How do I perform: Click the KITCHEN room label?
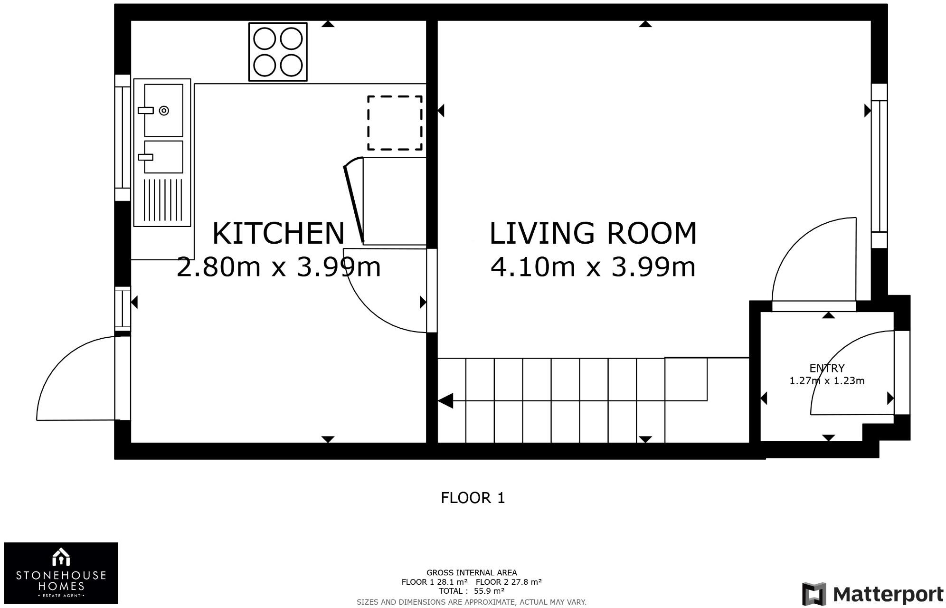pyautogui.click(x=278, y=233)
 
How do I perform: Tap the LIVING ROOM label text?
pyautogui.click(x=593, y=233)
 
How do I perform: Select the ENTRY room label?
pyautogui.click(x=827, y=368)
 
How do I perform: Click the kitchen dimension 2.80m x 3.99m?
pyautogui.click(x=278, y=267)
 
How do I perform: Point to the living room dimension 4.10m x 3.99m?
pyautogui.click(x=593, y=267)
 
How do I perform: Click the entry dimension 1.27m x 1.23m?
pyautogui.click(x=827, y=381)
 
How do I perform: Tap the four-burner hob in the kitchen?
pyautogui.click(x=278, y=52)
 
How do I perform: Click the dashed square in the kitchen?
pyautogui.click(x=395, y=123)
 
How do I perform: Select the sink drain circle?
pyautogui.click(x=164, y=111)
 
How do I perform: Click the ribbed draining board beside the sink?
pyautogui.click(x=162, y=200)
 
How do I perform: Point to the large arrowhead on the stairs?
pyautogui.click(x=445, y=401)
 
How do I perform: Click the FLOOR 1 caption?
pyautogui.click(x=473, y=498)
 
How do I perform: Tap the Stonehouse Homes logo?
pyautogui.click(x=61, y=573)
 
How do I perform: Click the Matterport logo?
pyautogui.click(x=873, y=594)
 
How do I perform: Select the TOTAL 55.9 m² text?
pyautogui.click(x=471, y=591)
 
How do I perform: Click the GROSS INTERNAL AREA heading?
pyautogui.click(x=471, y=573)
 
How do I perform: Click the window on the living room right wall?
pyautogui.click(x=879, y=166)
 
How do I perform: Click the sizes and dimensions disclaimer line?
pyautogui.click(x=471, y=602)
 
